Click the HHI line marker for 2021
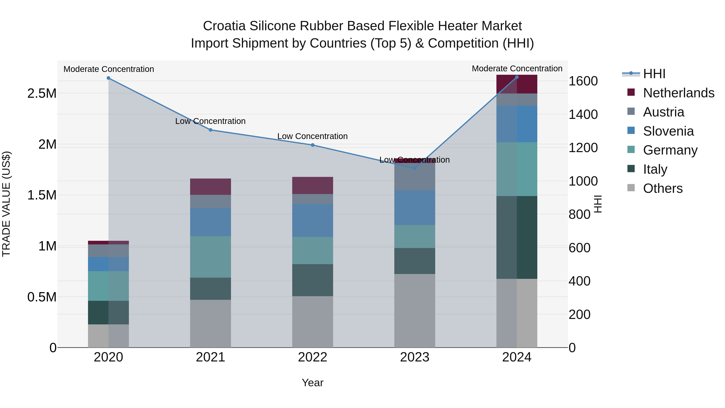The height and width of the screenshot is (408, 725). coord(210,130)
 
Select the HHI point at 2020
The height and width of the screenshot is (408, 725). coord(109,78)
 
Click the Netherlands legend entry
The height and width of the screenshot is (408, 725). coord(678,93)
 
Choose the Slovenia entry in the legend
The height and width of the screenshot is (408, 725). coord(668,131)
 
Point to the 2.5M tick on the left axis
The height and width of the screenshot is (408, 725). coord(42,93)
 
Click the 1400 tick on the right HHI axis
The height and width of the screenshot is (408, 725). coord(583,114)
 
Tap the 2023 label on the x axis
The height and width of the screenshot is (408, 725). coord(415,357)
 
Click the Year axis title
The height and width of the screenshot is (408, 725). coord(312,383)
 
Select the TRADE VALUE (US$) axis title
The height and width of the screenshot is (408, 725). coord(6,204)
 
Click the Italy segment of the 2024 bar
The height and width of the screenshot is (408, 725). coord(517,237)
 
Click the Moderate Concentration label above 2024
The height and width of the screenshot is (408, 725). coord(517,69)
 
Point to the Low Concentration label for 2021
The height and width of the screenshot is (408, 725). coord(210,121)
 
